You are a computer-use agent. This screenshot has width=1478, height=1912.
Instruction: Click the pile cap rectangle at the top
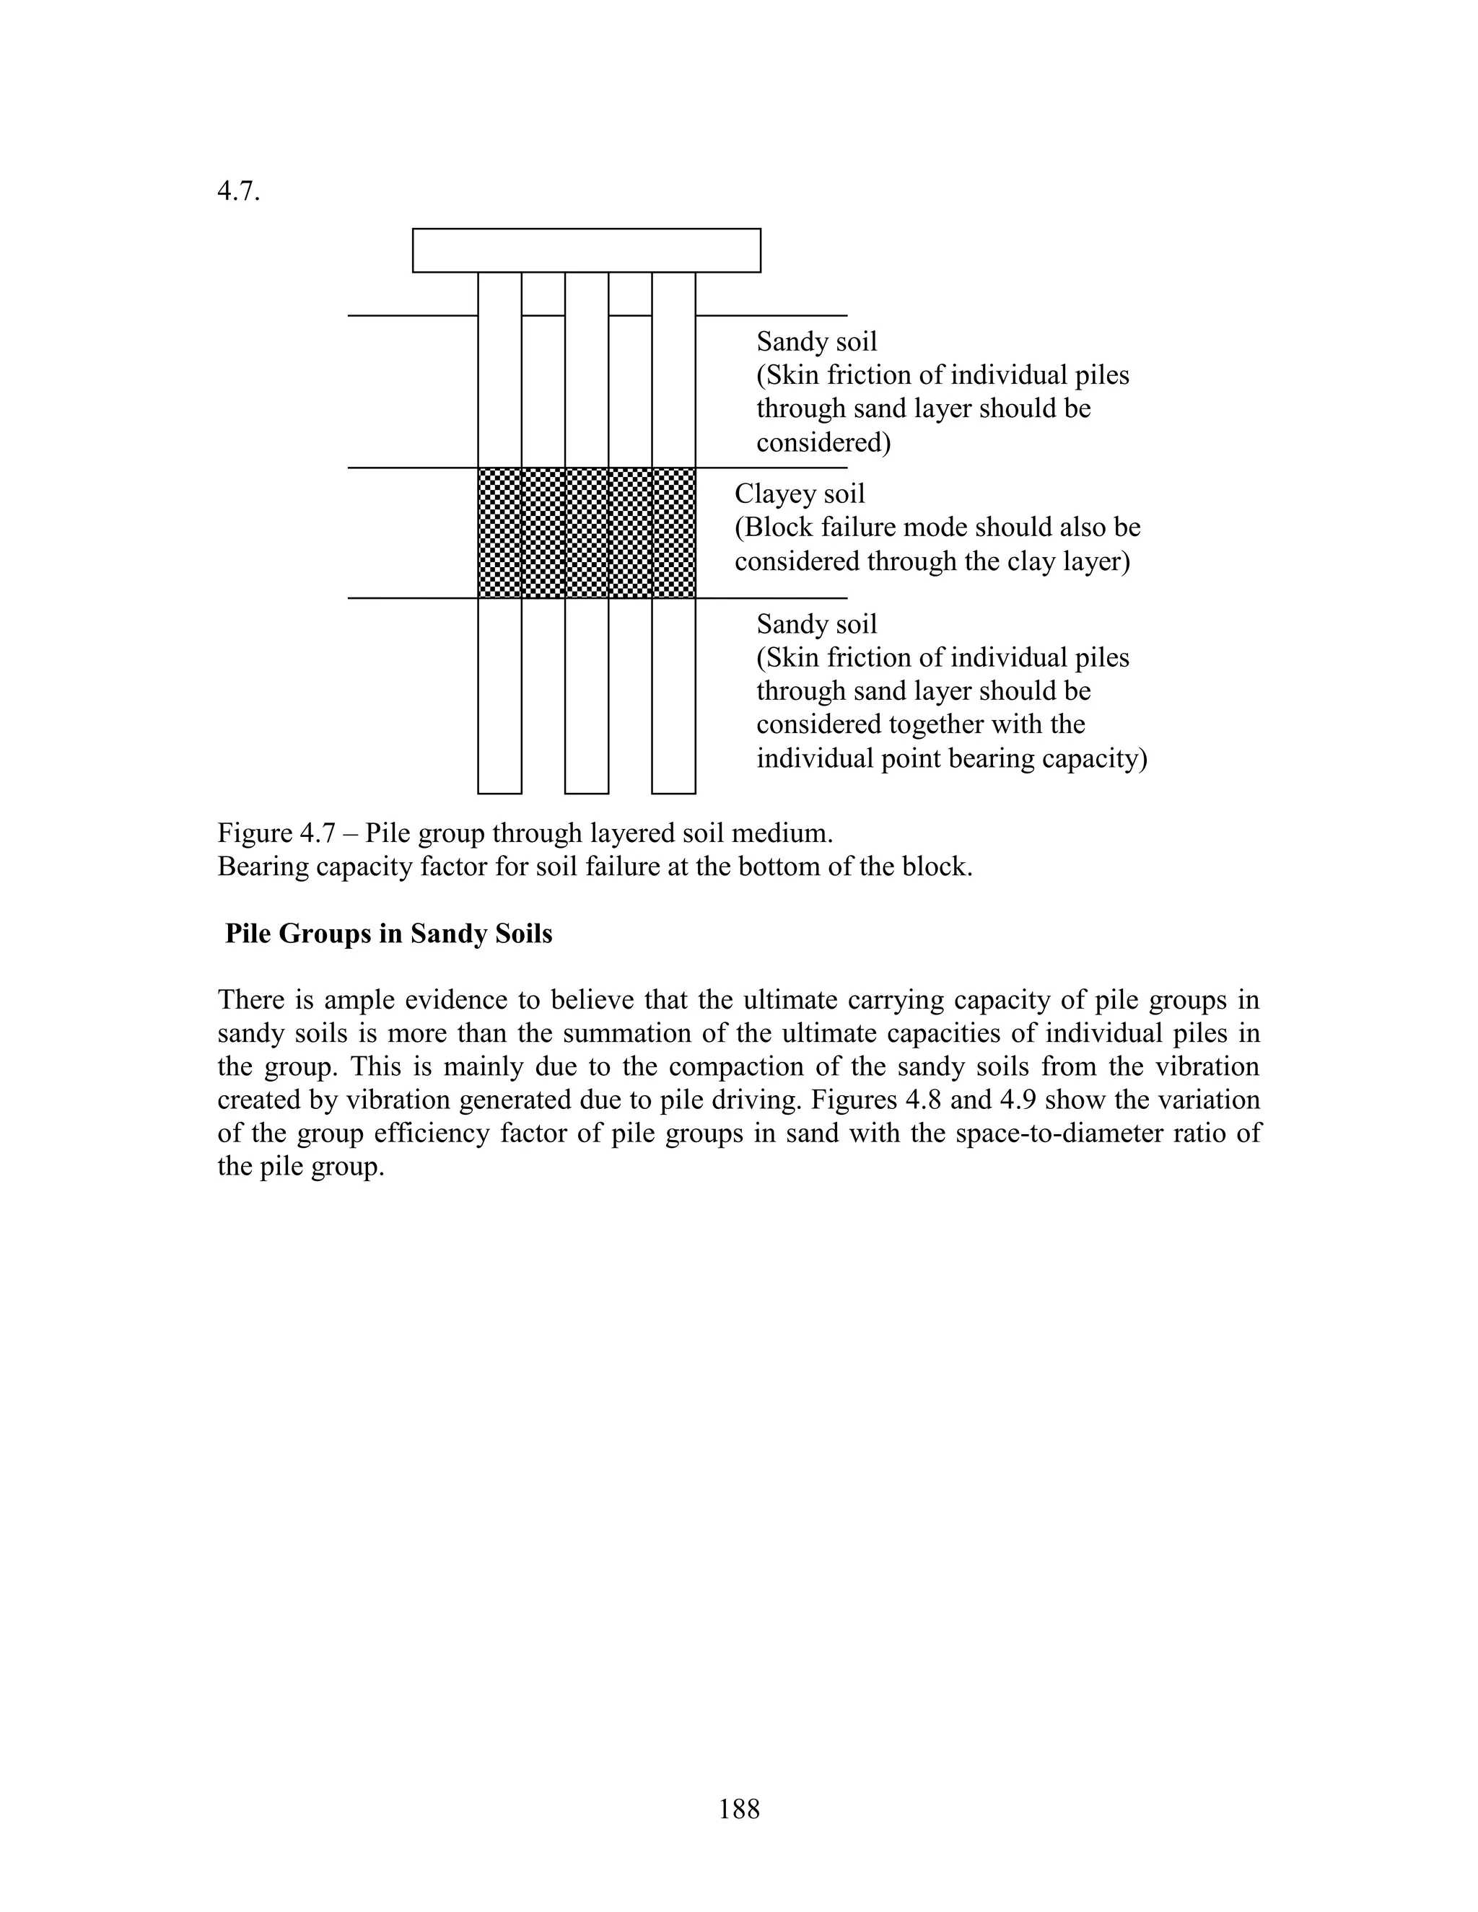pyautogui.click(x=586, y=250)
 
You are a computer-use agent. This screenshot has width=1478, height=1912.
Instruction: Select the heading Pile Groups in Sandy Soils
pyautogui.click(x=389, y=934)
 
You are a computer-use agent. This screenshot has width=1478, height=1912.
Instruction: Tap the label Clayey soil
pyautogui.click(x=800, y=494)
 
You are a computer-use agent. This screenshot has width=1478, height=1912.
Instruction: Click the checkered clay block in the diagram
pyautogui.click(x=587, y=533)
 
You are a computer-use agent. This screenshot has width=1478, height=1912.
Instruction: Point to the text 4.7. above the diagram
pyautogui.click(x=238, y=193)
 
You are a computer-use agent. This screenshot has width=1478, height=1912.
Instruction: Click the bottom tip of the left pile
pyautogui.click(x=500, y=791)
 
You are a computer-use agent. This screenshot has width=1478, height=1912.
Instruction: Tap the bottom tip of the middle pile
pyautogui.click(x=587, y=791)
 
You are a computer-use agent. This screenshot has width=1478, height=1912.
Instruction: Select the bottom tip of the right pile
pyautogui.click(x=673, y=791)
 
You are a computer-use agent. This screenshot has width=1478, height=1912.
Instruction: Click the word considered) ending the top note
pyautogui.click(x=823, y=443)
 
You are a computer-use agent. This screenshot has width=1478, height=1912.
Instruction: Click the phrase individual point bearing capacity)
pyautogui.click(x=952, y=758)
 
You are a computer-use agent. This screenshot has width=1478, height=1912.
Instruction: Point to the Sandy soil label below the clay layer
pyautogui.click(x=816, y=624)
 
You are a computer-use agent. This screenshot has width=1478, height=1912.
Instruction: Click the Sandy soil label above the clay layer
pyautogui.click(x=816, y=341)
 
